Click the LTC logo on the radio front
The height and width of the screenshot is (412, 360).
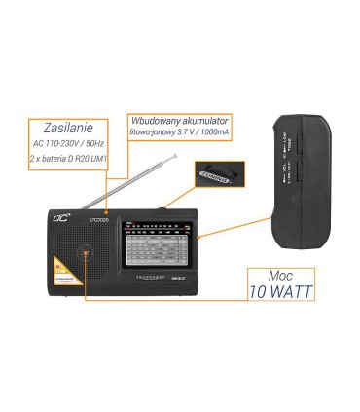tap(60, 223)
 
